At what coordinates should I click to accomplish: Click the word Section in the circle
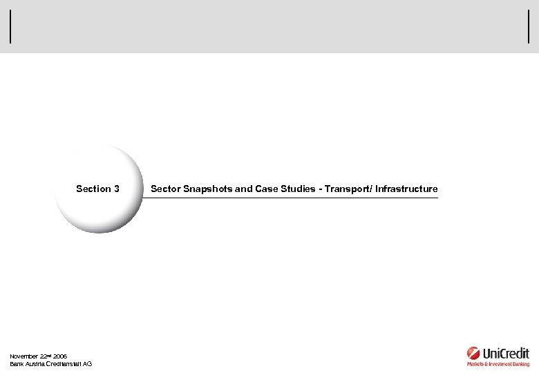[x=93, y=189]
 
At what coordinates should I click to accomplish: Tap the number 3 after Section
[x=117, y=189]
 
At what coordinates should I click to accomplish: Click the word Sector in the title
[x=164, y=189]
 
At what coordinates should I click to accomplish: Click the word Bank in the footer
[x=17, y=364]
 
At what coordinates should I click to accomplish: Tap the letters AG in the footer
[x=87, y=364]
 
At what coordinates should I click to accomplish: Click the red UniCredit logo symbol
[x=473, y=352]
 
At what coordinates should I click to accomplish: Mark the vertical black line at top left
[x=10, y=28]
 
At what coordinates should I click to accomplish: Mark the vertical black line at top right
[x=528, y=28]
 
